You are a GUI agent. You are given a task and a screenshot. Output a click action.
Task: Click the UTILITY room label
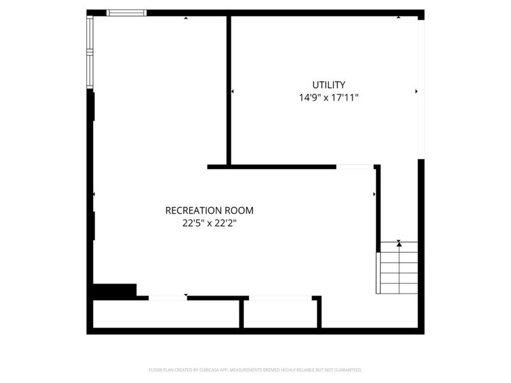coord(329,84)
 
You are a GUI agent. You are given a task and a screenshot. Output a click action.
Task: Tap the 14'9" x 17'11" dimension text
coord(329,98)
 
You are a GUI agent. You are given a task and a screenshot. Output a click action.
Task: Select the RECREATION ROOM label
coord(210,210)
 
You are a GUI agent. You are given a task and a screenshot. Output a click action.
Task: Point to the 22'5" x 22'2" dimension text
coord(210,223)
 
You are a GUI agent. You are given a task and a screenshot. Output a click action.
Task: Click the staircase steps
coord(399,272)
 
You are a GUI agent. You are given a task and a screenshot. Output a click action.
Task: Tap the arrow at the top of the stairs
coord(399,243)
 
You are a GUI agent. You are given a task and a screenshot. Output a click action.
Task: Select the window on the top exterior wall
coord(126,12)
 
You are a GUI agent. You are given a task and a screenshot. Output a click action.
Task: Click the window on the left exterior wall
coord(90,51)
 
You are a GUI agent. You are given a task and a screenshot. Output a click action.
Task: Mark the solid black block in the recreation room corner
coord(114,290)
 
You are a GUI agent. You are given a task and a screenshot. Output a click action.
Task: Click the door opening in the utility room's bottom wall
coord(355,167)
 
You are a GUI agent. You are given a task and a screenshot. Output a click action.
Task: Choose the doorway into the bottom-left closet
coord(168,297)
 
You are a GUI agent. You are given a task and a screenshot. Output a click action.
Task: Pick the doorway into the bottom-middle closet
coord(280,297)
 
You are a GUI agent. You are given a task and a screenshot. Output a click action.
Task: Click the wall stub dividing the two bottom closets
coord(242,314)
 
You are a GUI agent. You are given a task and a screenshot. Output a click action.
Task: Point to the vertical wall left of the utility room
coord(228,89)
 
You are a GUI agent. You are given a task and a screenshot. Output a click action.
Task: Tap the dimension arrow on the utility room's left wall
coord(233,92)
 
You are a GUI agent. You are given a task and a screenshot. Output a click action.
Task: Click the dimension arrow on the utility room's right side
coord(416,92)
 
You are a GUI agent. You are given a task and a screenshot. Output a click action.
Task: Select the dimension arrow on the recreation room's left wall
coord(95,194)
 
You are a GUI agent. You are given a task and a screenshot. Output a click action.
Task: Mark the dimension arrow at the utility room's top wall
coord(399,17)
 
